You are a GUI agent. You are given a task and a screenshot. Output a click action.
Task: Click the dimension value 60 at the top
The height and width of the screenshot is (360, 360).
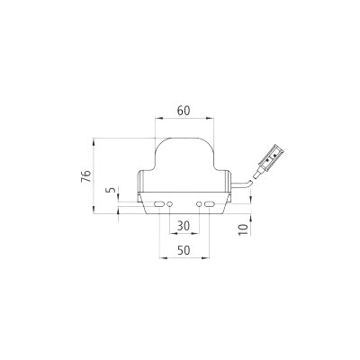click(184, 110)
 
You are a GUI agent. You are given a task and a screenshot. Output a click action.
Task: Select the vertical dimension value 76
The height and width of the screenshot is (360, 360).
click(85, 175)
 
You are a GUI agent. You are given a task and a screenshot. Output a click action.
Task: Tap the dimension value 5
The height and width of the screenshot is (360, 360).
click(109, 191)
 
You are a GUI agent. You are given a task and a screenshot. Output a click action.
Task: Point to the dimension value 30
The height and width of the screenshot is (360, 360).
click(184, 225)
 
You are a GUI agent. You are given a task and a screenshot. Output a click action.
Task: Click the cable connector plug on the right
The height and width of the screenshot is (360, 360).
click(269, 159)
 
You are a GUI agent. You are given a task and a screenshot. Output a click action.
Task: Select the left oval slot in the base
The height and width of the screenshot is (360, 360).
click(159, 206)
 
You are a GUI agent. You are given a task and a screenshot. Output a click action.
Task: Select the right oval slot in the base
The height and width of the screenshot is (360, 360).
click(209, 206)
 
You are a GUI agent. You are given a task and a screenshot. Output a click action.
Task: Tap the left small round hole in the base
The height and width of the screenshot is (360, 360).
click(171, 206)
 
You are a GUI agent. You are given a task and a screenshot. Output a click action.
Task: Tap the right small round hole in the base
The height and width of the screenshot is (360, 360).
click(197, 206)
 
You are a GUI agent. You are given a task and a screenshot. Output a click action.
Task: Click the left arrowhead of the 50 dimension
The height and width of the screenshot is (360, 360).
click(161, 256)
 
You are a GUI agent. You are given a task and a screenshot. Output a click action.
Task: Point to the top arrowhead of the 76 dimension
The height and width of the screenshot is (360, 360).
click(95, 139)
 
